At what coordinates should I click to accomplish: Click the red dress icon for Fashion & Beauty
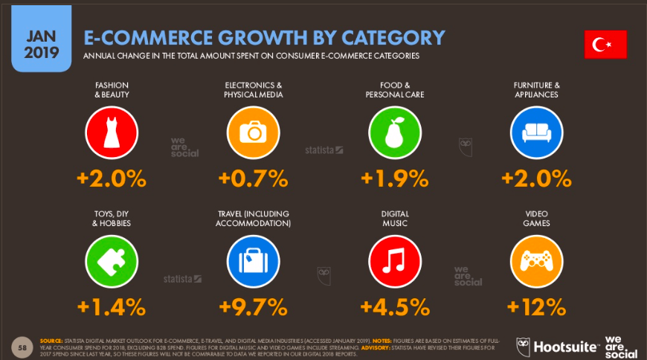tap(112, 132)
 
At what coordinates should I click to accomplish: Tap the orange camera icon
tap(254, 132)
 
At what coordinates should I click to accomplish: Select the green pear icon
tap(395, 132)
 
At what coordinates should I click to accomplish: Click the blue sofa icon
tap(536, 132)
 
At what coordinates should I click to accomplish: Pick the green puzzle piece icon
tap(112, 260)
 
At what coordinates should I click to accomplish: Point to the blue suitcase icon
tap(254, 260)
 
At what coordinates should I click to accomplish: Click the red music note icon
tap(395, 260)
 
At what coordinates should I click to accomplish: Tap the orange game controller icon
tap(536, 260)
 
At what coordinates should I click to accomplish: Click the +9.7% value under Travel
tap(254, 306)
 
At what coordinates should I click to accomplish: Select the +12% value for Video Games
tap(536, 306)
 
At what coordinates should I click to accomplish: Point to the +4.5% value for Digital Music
tap(395, 306)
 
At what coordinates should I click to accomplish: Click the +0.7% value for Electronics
tap(254, 179)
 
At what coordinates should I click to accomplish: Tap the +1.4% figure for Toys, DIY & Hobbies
tap(112, 306)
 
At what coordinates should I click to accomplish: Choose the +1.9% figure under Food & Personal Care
tap(395, 179)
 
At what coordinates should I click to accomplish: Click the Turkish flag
tap(605, 45)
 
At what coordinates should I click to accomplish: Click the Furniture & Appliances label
tap(536, 90)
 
